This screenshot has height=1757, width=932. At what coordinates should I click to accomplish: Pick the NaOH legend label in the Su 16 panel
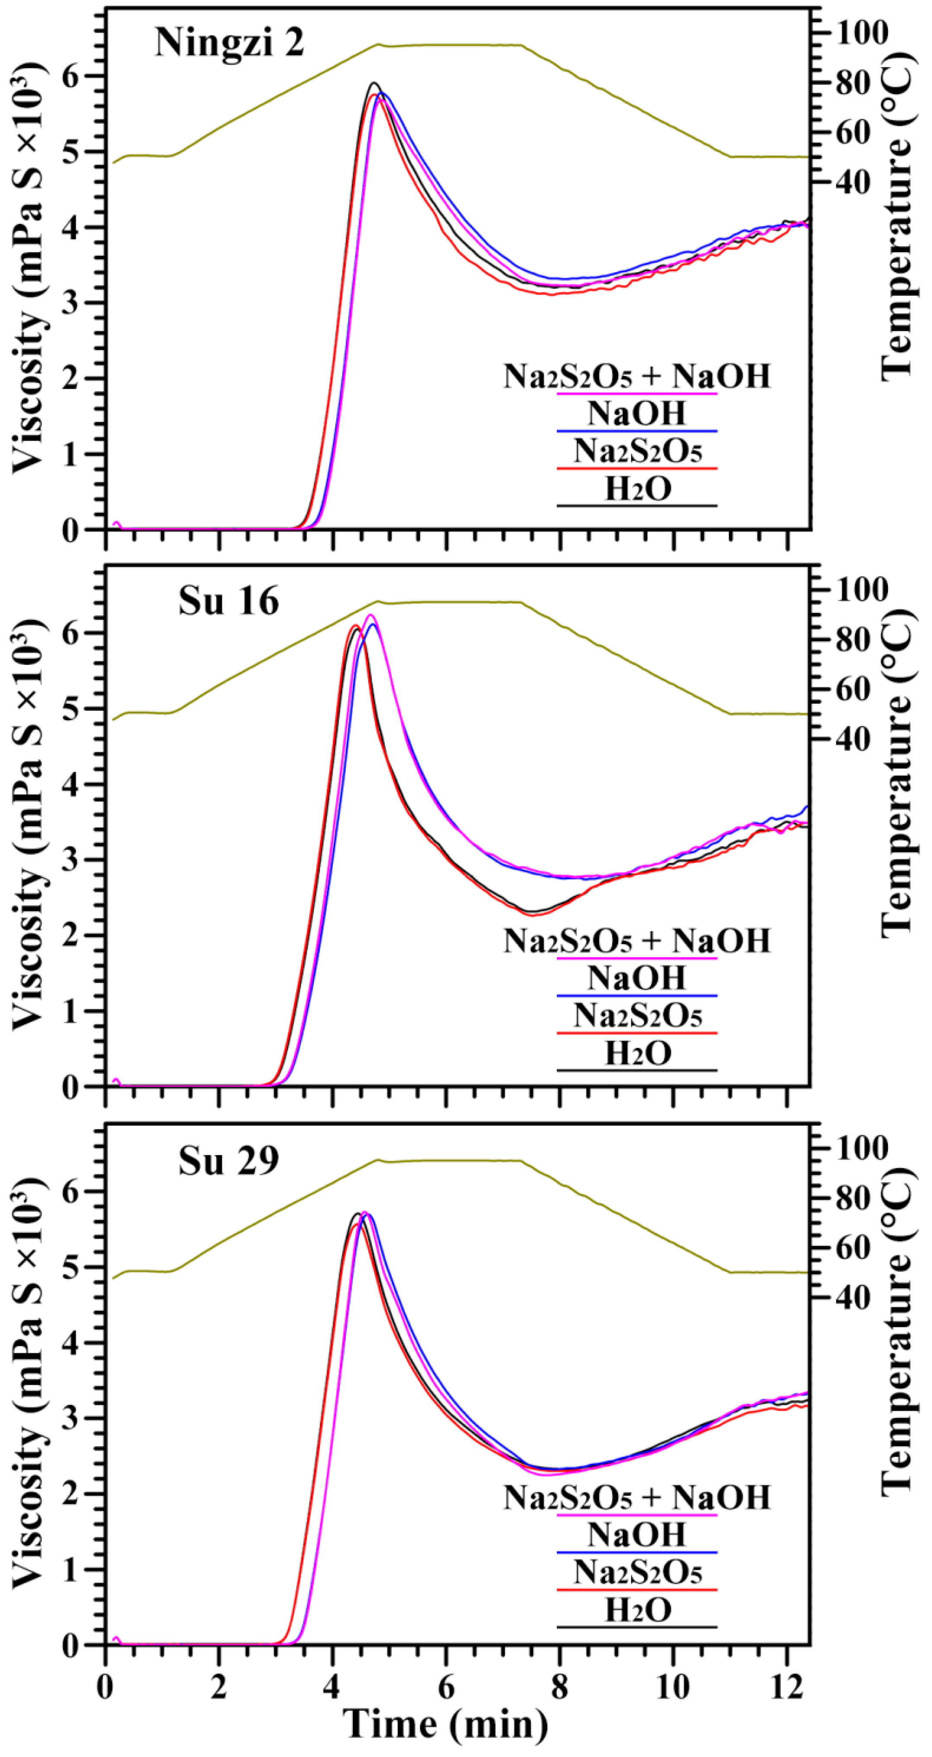click(637, 978)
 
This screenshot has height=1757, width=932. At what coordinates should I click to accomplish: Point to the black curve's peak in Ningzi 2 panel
click(373, 83)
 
